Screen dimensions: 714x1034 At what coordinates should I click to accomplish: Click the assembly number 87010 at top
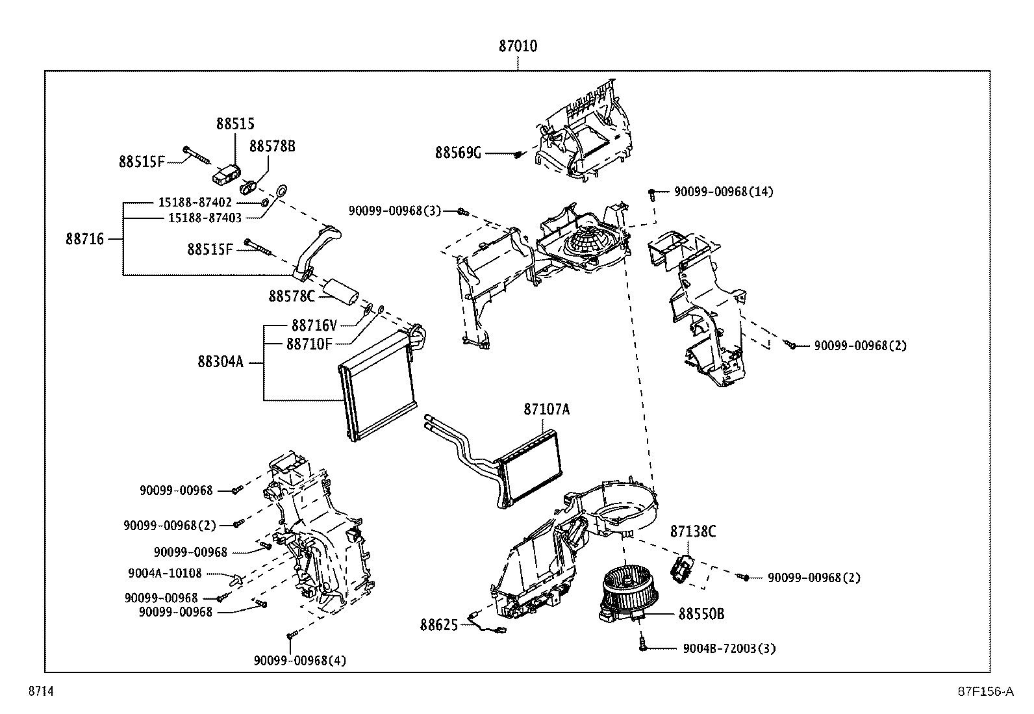click(x=518, y=47)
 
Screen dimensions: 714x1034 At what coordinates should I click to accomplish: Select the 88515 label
click(x=235, y=123)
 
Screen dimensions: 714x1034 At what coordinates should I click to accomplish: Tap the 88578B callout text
click(x=272, y=147)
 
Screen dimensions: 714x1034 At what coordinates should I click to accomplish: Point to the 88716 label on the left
click(x=84, y=239)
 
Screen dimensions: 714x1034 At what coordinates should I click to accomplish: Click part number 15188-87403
click(x=205, y=218)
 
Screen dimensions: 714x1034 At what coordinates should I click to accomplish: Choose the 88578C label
click(x=292, y=296)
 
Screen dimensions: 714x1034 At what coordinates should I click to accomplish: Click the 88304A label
click(x=220, y=361)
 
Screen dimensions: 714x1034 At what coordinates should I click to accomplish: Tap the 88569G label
click(x=458, y=153)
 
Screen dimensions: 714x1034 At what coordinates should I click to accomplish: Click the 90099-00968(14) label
click(x=724, y=192)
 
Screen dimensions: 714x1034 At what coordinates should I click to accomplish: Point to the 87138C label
click(x=692, y=531)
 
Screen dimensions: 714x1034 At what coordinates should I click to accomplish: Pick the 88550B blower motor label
click(x=701, y=613)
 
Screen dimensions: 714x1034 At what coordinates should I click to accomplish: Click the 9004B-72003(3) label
click(x=729, y=648)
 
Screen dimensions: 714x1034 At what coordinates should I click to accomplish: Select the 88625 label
click(x=438, y=625)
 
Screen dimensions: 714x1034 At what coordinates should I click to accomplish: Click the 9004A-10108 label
click(x=165, y=573)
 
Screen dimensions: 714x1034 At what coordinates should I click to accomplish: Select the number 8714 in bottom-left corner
click(x=40, y=692)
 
